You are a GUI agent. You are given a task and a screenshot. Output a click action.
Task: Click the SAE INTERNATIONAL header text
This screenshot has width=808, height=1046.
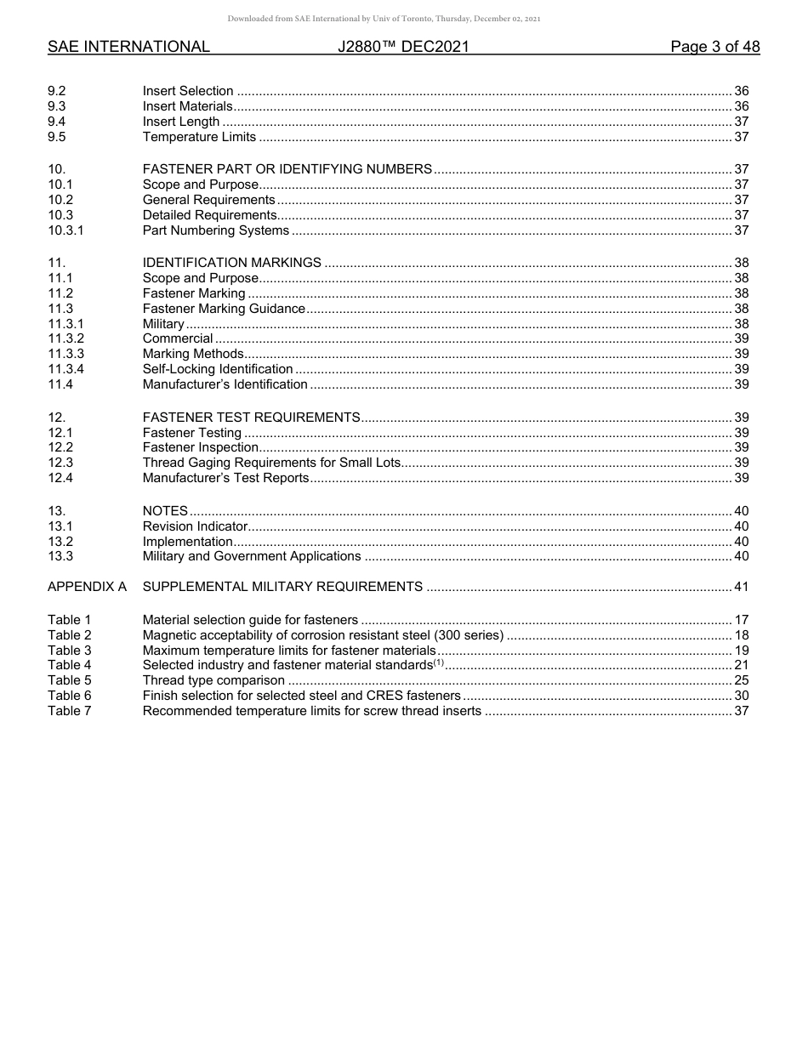pyautogui.click(x=128, y=47)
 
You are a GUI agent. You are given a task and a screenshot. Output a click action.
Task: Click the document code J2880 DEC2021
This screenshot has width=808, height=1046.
pyautogui.click(x=403, y=47)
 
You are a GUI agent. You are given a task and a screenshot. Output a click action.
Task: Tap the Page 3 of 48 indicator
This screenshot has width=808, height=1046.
pyautogui.click(x=714, y=47)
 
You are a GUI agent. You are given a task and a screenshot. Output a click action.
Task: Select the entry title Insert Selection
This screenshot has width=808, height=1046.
pyautogui.click(x=188, y=91)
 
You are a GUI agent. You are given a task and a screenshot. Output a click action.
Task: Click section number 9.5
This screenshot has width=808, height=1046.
pyautogui.click(x=57, y=137)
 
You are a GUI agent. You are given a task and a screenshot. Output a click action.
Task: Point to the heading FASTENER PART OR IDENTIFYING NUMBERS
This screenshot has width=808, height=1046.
pyautogui.click(x=287, y=169)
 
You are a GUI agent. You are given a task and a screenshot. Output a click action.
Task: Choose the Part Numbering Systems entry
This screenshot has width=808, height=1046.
pyautogui.click(x=216, y=230)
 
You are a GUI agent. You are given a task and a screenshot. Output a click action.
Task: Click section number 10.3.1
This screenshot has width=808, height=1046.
pyautogui.click(x=65, y=230)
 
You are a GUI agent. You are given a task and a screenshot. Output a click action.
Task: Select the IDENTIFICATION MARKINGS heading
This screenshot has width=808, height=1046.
pyautogui.click(x=232, y=263)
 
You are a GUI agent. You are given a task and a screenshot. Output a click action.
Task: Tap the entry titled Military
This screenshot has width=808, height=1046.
pyautogui.click(x=163, y=324)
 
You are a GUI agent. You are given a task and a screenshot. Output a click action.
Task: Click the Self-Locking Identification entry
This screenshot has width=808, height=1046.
pyautogui.click(x=218, y=369)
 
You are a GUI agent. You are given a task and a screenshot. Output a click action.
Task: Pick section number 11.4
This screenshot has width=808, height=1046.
pyautogui.click(x=60, y=384)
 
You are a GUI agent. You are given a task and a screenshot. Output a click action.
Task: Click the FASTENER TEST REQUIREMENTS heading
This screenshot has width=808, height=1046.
pyautogui.click(x=252, y=418)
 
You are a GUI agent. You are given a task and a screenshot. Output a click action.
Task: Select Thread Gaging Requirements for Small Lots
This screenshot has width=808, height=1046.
pyautogui.click(x=270, y=463)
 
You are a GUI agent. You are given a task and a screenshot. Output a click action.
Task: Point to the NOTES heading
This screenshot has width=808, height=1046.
pyautogui.click(x=165, y=511)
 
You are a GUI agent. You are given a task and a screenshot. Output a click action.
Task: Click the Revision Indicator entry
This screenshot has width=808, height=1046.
pyautogui.click(x=195, y=526)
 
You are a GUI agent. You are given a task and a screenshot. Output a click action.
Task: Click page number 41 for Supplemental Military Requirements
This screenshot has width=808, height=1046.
pyautogui.click(x=741, y=587)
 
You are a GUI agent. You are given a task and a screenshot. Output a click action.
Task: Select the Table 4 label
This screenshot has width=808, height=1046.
pyautogui.click(x=70, y=665)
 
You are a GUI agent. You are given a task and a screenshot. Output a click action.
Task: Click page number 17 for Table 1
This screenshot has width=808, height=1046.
pyautogui.click(x=741, y=620)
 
